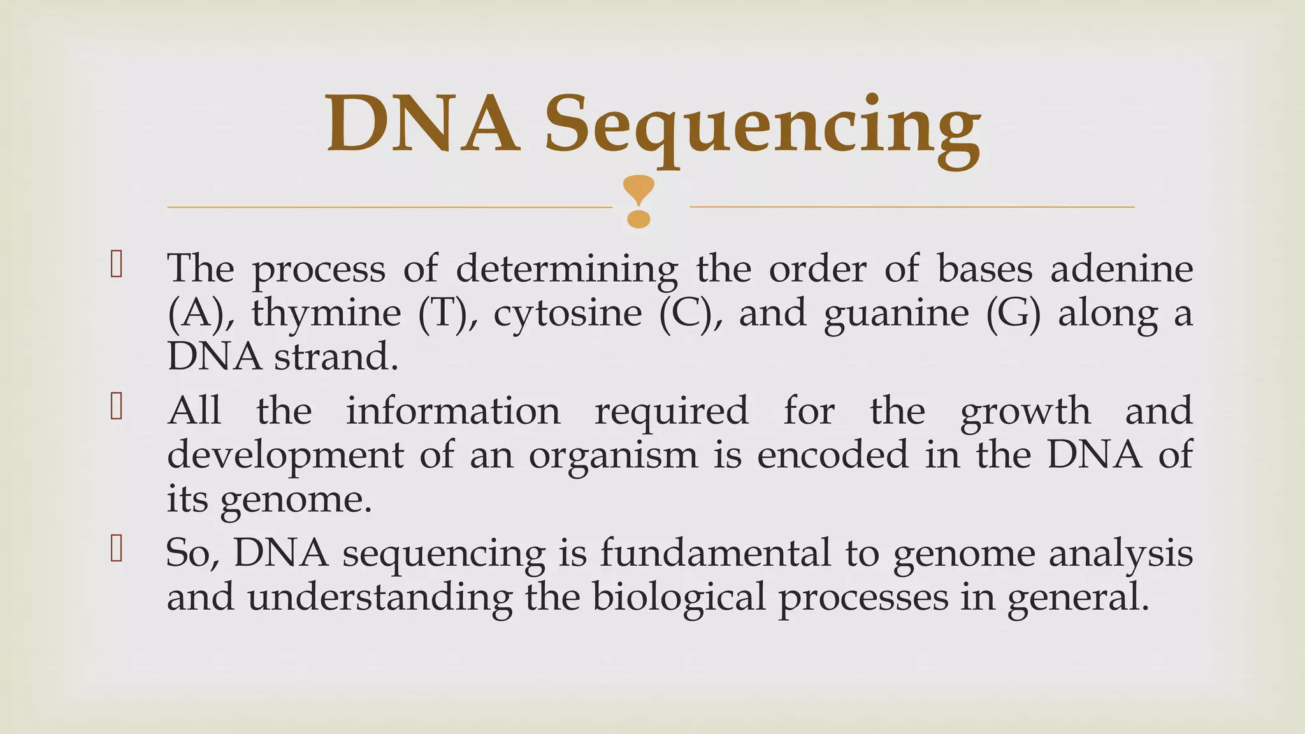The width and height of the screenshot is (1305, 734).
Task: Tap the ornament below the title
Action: point(638,201)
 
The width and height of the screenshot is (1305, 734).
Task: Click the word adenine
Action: point(1121,269)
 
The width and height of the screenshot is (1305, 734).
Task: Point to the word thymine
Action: point(326,313)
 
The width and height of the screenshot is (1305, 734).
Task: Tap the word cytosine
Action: point(567,313)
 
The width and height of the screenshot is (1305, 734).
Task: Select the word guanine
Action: point(896,313)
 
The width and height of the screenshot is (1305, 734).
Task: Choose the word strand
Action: point(336,357)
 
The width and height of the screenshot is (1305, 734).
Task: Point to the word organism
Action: point(613,456)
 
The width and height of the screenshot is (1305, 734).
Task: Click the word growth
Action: point(1025,412)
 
